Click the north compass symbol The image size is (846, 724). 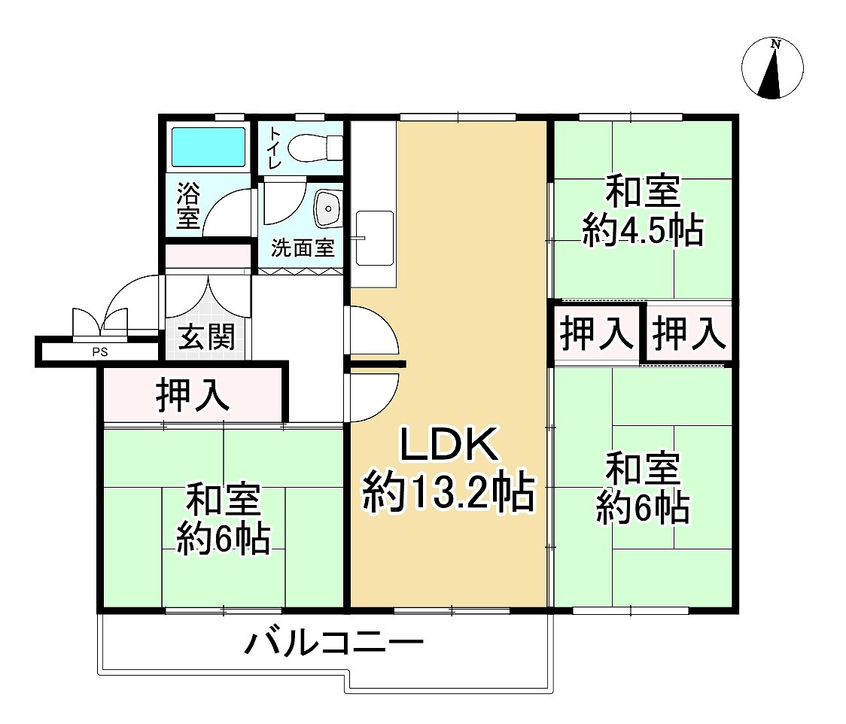(x=772, y=68)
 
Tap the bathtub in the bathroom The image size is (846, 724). (x=208, y=146)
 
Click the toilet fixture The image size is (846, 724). (x=317, y=146)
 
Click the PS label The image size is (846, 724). (x=99, y=350)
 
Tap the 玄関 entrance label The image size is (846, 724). (x=206, y=336)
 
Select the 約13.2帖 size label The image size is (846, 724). (x=449, y=493)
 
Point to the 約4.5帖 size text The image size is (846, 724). (x=643, y=231)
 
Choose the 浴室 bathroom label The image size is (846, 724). (x=187, y=205)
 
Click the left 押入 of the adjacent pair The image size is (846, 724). (x=598, y=333)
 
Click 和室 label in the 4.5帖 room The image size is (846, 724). (x=643, y=192)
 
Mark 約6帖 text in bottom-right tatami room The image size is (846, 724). (x=643, y=510)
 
